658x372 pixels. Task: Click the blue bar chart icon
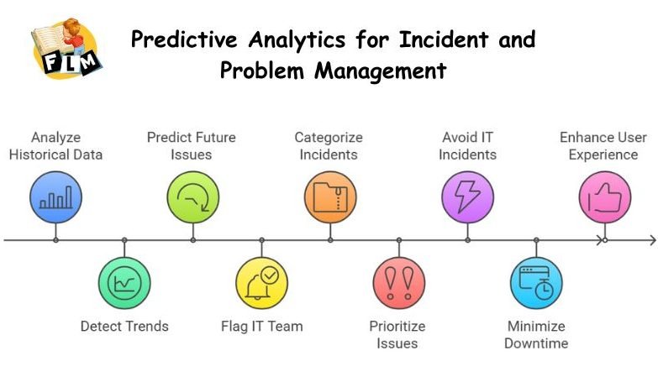(55, 196)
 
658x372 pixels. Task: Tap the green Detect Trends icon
(124, 283)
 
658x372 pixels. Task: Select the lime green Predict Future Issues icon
(192, 196)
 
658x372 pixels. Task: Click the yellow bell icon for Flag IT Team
(261, 283)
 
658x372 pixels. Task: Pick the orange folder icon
(330, 196)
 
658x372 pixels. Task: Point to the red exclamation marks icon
(398, 283)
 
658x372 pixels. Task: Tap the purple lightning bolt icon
(467, 196)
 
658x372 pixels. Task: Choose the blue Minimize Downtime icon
(536, 283)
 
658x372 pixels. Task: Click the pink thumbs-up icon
(604, 196)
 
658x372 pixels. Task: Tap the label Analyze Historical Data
(55, 145)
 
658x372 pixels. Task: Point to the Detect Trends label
(124, 326)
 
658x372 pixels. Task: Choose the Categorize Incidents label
(329, 145)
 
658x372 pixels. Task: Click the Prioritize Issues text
(397, 334)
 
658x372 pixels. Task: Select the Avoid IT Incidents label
(468, 145)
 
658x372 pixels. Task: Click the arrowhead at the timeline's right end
(651, 240)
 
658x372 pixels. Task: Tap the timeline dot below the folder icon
(330, 240)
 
